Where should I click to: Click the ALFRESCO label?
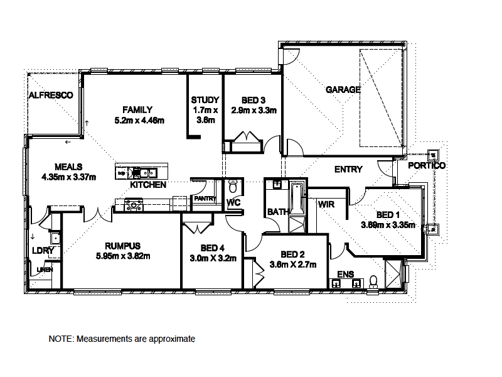(51, 95)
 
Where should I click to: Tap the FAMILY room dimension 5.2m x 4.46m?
(139, 120)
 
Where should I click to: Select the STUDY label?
(205, 100)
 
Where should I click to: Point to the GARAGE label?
(343, 90)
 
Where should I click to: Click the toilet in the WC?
(233, 187)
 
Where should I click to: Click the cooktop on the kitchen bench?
(134, 204)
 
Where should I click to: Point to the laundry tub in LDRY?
(55, 238)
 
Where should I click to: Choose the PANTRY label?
(205, 199)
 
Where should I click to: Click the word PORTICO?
(426, 165)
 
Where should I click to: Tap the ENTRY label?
(348, 169)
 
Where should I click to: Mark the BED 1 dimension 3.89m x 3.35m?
(388, 224)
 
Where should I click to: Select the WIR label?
(326, 204)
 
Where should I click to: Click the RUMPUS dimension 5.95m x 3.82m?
(123, 256)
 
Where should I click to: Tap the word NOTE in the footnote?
(61, 339)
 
